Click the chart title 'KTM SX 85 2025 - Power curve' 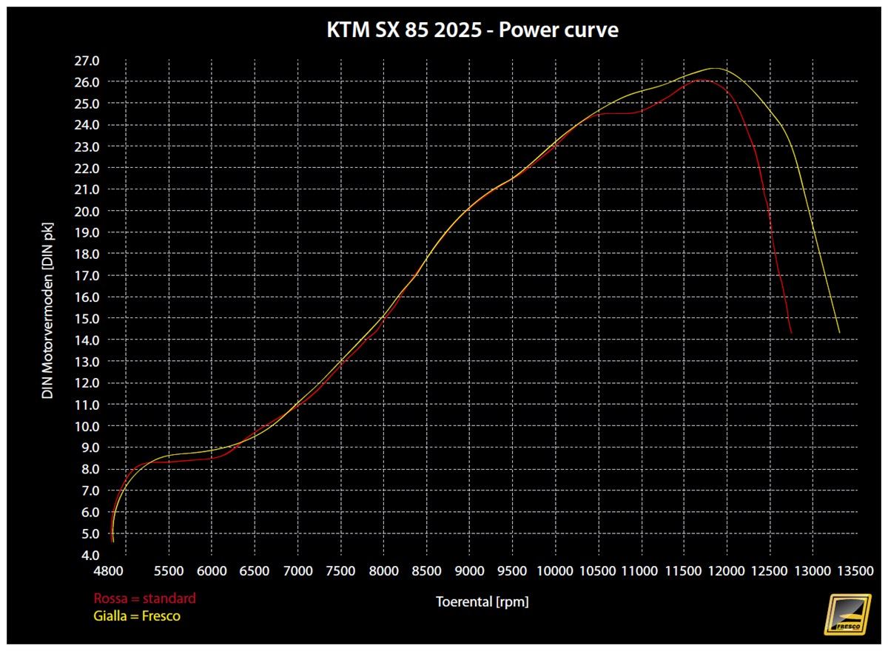coord(472,31)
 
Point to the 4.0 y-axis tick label coord(89,555)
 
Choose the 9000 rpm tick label coord(469,571)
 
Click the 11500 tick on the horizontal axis coord(684,571)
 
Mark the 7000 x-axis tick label coord(297,571)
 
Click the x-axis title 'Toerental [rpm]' coord(482,602)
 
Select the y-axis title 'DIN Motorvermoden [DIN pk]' coord(47,308)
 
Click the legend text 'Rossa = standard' coord(144,598)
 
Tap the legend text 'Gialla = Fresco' coord(137,615)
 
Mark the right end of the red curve coord(791,333)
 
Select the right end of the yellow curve coord(839,332)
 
